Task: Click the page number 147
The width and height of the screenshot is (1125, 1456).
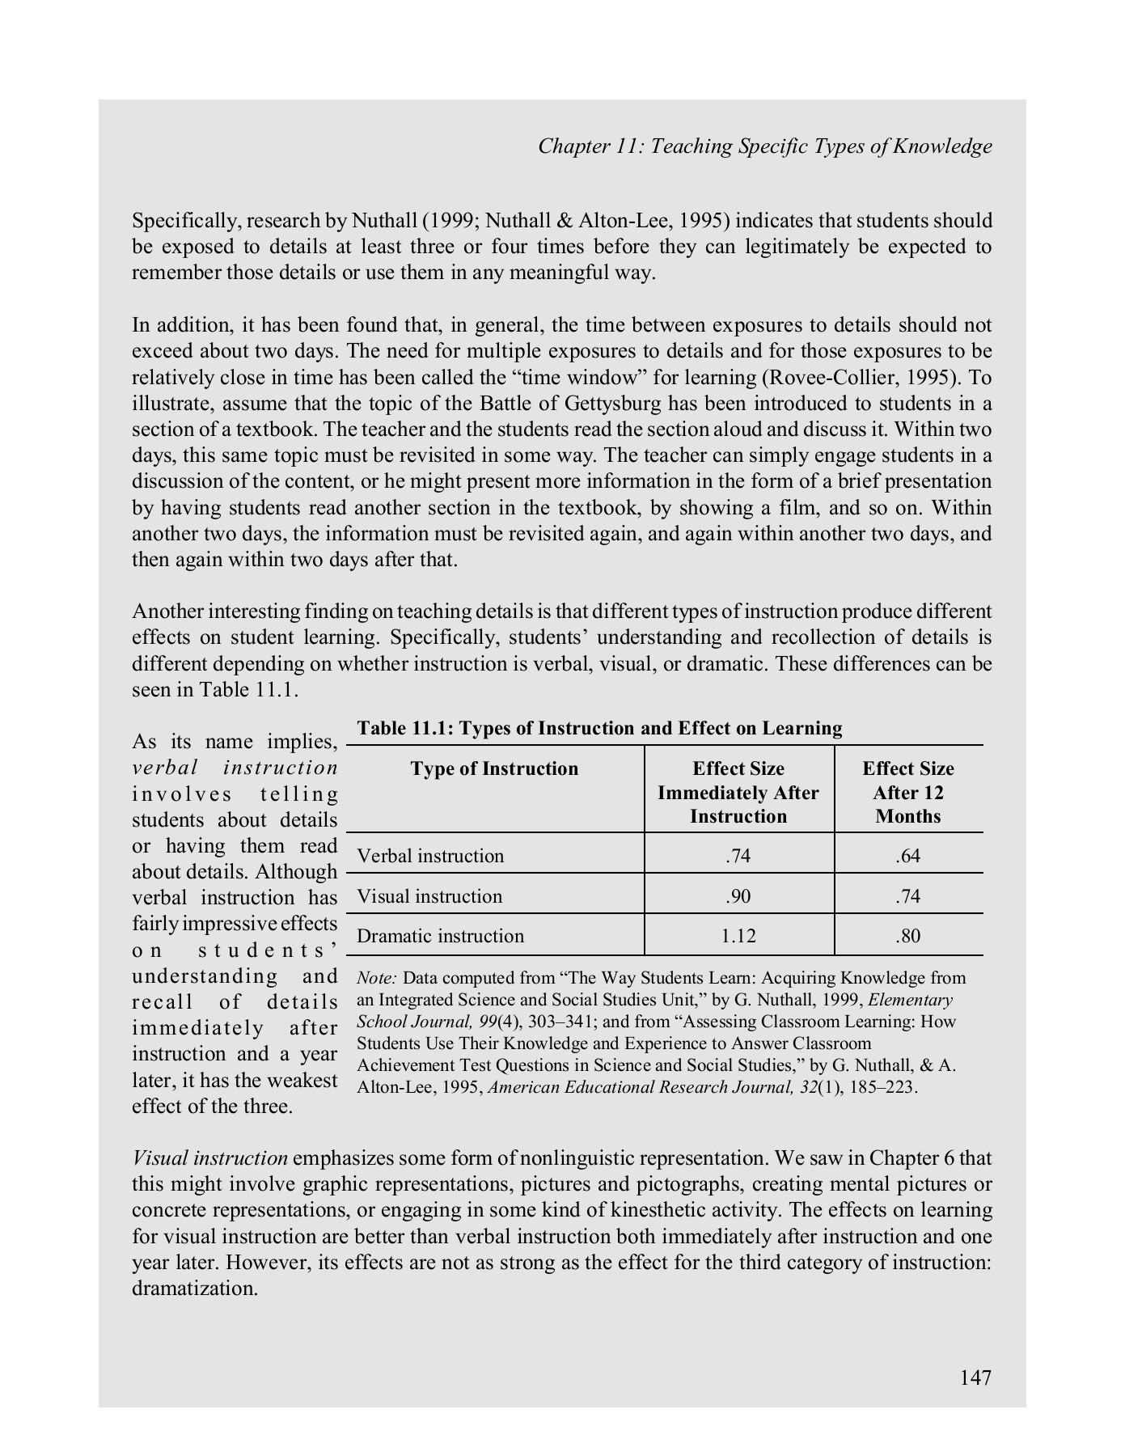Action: [x=975, y=1377]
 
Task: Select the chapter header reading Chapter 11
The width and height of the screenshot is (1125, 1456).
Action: [x=764, y=146]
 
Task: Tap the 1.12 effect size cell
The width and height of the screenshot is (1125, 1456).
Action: [x=738, y=936]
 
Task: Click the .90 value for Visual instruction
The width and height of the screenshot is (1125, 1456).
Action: [x=738, y=896]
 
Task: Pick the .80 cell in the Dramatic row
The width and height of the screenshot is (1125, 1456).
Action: [x=907, y=936]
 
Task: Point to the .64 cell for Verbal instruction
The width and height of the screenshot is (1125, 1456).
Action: [x=907, y=856]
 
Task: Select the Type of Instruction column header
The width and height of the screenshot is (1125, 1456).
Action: [x=494, y=768]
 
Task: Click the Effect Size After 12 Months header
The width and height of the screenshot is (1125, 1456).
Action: [x=907, y=792]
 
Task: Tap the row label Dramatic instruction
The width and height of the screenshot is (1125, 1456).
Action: [x=440, y=936]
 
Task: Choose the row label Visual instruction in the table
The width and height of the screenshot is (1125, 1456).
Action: [x=429, y=896]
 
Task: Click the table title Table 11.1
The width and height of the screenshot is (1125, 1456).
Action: [x=599, y=728]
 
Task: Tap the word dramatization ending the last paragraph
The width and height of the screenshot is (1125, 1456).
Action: [x=194, y=1289]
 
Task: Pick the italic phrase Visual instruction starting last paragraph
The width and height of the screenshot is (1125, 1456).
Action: [x=209, y=1158]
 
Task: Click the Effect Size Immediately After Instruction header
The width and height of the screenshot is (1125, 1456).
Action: [x=738, y=792]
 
